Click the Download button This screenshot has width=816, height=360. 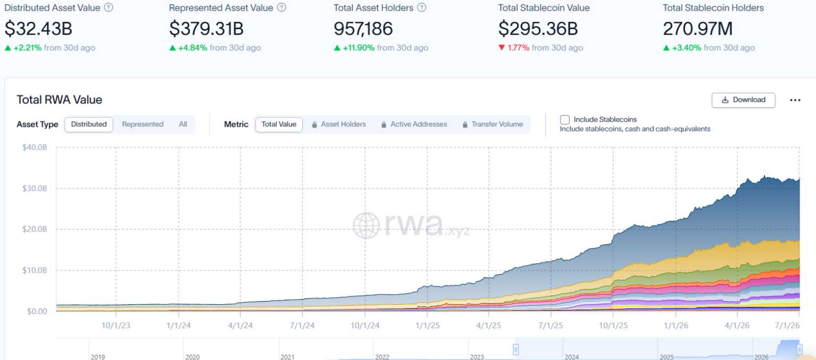[743, 100]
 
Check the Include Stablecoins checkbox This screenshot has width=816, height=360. [565, 120]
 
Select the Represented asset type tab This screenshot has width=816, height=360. [142, 124]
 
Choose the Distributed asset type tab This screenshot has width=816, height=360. [89, 124]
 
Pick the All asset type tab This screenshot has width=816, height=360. [183, 124]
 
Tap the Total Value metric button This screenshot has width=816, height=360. [279, 124]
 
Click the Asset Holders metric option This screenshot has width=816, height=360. [339, 124]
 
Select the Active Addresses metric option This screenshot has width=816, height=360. [415, 124]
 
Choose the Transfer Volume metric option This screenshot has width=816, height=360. [492, 124]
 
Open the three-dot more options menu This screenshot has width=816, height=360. [795, 100]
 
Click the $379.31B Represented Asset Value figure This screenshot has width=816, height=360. [206, 29]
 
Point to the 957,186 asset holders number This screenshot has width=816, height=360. [363, 29]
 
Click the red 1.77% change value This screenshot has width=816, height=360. [518, 48]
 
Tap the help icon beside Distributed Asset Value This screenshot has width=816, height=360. [108, 7]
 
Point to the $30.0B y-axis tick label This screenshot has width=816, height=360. [35, 188]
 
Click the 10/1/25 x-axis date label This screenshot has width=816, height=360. [614, 325]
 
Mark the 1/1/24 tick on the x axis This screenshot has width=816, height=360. [178, 312]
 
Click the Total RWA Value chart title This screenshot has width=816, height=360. [59, 100]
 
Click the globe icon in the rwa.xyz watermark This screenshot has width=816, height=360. [366, 226]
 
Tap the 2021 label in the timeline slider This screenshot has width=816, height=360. [287, 357]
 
